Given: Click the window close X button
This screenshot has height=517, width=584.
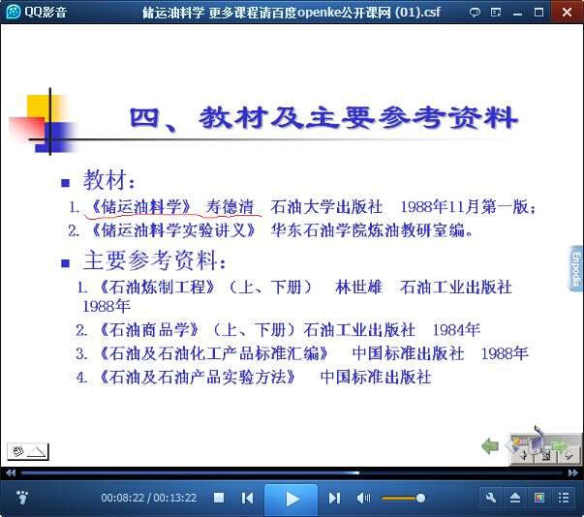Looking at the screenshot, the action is [567, 12].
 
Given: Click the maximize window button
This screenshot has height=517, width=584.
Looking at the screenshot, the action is [538, 13].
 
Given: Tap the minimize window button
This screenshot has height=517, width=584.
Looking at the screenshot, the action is [517, 14].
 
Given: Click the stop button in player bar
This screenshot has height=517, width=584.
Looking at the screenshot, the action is [219, 498].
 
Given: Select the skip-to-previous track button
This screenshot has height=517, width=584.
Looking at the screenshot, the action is [247, 498].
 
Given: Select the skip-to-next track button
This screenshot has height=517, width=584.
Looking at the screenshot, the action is [334, 498].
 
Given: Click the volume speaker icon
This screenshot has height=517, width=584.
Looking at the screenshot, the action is [363, 498].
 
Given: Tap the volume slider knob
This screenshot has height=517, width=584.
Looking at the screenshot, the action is [420, 498].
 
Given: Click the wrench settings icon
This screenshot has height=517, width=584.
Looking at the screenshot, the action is [491, 498].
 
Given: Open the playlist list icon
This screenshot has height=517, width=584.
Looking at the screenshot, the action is [564, 498].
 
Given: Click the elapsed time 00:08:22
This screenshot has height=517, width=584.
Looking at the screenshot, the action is [123, 498].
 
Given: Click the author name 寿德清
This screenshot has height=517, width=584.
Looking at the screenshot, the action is [230, 207].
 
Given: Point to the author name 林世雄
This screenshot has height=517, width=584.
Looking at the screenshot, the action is [358, 288].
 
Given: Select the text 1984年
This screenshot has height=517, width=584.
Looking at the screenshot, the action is [456, 330].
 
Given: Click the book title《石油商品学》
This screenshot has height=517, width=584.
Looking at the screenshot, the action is [149, 330].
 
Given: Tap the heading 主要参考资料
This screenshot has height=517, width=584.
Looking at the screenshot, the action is [150, 260].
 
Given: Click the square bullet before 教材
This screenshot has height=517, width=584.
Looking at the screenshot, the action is [66, 183].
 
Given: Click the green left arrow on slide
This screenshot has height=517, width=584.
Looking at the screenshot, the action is [490, 445].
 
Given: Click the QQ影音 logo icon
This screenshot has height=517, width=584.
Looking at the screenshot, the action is [14, 12].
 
